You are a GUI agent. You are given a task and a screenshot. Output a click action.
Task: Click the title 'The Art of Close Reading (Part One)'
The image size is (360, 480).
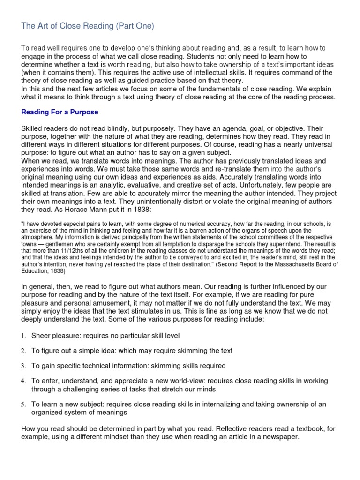click(88, 26)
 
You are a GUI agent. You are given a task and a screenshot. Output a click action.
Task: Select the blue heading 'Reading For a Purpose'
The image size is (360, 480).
click(60, 112)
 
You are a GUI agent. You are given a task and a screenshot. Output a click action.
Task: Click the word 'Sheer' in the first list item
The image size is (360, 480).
click(41, 336)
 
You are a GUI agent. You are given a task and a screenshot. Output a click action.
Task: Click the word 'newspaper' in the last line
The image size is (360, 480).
click(279, 437)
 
